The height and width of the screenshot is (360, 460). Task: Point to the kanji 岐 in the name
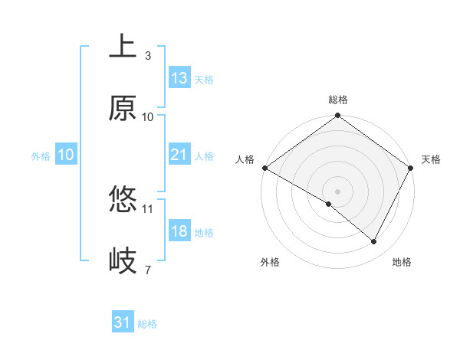(123, 261)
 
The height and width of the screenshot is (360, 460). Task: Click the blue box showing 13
(179, 78)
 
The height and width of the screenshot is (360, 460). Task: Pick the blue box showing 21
(179, 155)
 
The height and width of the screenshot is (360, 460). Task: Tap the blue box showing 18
(179, 231)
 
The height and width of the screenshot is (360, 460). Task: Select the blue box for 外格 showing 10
(65, 155)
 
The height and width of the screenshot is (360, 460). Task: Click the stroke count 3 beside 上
(148, 56)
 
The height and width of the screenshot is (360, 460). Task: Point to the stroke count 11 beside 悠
(148, 208)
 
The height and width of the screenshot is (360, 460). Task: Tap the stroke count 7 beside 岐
(148, 270)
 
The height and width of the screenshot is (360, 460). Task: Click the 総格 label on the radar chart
(338, 100)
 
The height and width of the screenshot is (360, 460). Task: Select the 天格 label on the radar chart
(432, 159)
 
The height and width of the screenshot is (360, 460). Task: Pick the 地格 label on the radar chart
(402, 262)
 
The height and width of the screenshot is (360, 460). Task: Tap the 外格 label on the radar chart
(270, 262)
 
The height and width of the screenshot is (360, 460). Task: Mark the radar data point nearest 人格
(264, 168)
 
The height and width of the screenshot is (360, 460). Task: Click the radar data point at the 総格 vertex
(337, 116)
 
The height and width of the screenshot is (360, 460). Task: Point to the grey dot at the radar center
(337, 190)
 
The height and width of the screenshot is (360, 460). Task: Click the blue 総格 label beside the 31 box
(147, 324)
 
